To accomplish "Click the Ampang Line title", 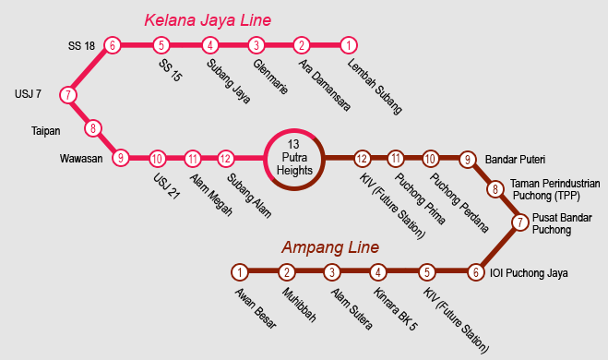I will (329, 248).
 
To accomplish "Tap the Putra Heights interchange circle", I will (294, 158).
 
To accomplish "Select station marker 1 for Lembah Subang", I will (348, 44).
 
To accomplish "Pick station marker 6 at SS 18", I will (113, 44).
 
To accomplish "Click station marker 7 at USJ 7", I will (68, 95).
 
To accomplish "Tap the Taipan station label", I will (46, 130).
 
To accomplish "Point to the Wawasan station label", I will (81, 158).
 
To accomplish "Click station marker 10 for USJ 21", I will (157, 158).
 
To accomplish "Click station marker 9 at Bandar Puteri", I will (468, 158).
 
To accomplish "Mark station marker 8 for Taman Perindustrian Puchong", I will (495, 189).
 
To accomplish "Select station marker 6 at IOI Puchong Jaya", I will (476, 272).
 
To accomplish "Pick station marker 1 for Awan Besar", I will (240, 272).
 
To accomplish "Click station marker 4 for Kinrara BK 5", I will (378, 272).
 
